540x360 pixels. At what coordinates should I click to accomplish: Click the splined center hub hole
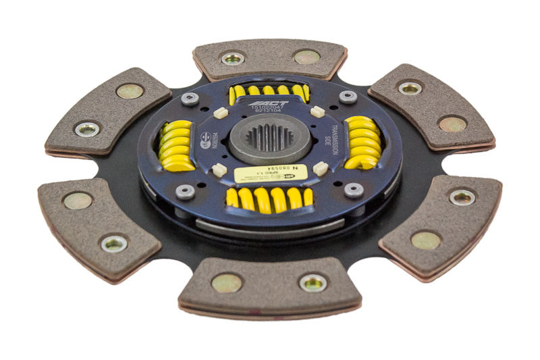[x=269, y=138]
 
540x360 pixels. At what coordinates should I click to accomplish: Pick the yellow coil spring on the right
[x=363, y=142]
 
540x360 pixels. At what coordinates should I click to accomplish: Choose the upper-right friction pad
[x=431, y=107]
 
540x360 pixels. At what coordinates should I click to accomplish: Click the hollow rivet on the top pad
[x=232, y=58]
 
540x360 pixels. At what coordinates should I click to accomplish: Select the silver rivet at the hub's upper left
[x=190, y=99]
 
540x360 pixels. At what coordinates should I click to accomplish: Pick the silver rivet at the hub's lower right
[x=353, y=190]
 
